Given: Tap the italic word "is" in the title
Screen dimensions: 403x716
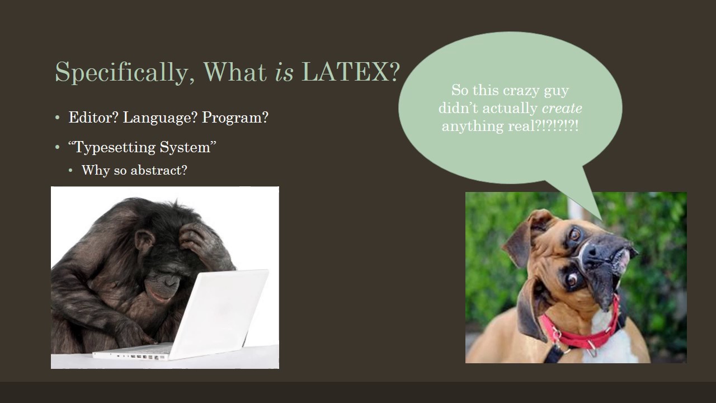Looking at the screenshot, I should click(x=284, y=72).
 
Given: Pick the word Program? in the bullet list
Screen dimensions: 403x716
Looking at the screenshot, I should click(x=235, y=118).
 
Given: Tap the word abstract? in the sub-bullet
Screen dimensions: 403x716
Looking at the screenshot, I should click(x=159, y=170).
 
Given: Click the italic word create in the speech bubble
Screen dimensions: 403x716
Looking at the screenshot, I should click(x=562, y=108).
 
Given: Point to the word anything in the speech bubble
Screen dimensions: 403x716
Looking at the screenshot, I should click(x=468, y=126).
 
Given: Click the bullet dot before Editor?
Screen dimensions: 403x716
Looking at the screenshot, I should click(x=58, y=118).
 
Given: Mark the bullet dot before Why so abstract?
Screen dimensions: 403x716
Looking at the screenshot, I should click(x=71, y=170).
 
